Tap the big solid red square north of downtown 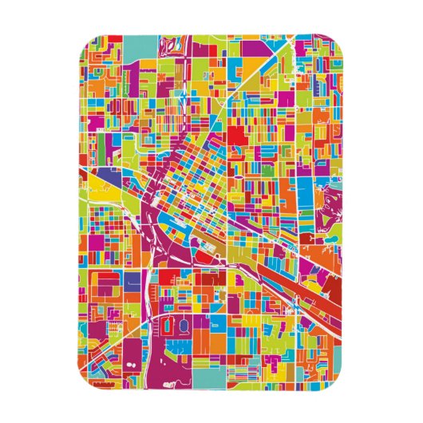pyautogui.click(x=237, y=135)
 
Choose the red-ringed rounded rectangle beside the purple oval pyautogui.click(x=160, y=326)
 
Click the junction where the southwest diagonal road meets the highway pyautogui.click(x=148, y=319)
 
